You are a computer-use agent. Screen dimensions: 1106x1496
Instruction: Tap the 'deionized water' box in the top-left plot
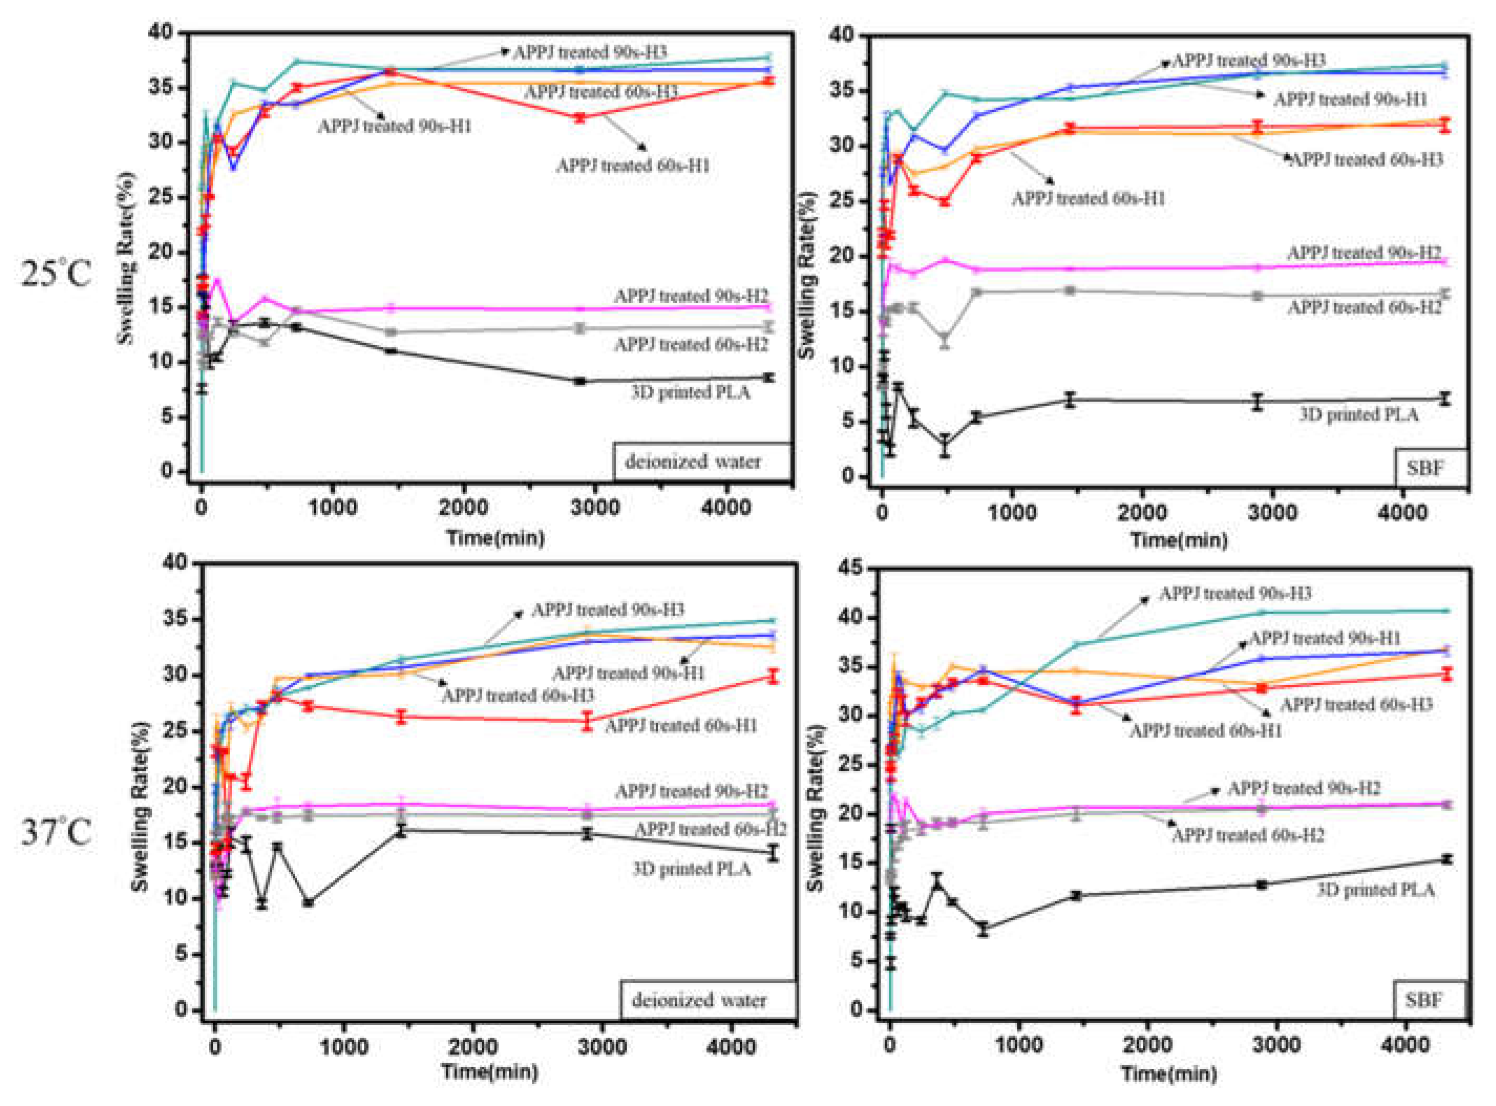click(x=693, y=462)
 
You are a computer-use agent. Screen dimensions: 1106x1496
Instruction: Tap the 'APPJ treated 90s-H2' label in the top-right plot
click(x=1363, y=253)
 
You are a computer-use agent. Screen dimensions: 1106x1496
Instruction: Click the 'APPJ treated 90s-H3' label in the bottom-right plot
click(x=1235, y=593)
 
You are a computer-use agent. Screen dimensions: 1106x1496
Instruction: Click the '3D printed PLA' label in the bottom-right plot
click(x=1375, y=890)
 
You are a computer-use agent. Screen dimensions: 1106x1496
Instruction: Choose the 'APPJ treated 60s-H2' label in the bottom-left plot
click(x=710, y=829)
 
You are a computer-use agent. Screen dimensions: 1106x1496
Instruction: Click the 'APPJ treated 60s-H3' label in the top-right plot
click(x=1366, y=159)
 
